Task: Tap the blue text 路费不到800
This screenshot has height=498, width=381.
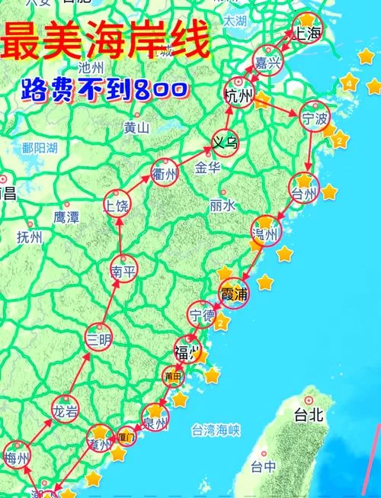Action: coord(102,90)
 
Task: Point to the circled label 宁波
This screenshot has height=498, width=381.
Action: coord(313,119)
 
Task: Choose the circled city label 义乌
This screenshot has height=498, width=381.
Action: coord(226,142)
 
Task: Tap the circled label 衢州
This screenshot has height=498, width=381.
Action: coord(165,173)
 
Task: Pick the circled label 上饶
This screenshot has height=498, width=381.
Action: coord(118,205)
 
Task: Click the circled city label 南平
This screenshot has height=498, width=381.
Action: coord(123,271)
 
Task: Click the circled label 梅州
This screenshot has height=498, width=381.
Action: coord(17,458)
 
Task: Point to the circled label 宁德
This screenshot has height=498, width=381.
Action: coord(203,315)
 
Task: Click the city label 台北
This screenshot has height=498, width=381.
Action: coord(309,415)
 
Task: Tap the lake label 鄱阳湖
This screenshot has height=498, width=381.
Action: coord(40,148)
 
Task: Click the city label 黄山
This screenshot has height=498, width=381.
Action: coord(136,127)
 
